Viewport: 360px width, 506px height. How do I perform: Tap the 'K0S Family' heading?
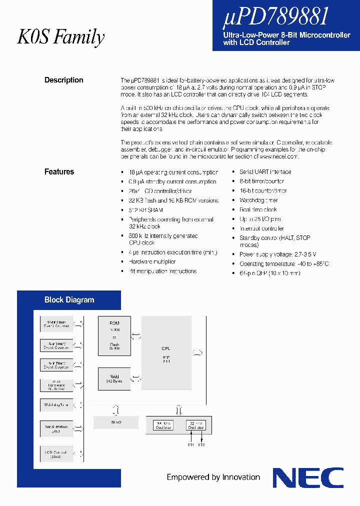[61, 37]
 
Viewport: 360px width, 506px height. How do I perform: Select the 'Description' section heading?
[64, 80]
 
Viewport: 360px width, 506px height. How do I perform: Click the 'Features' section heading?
[59, 171]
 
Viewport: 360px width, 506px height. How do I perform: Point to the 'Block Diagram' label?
[69, 300]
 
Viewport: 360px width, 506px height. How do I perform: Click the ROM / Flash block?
[114, 335]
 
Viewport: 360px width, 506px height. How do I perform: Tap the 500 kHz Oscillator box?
[163, 425]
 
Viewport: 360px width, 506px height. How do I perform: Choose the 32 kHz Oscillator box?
[195, 425]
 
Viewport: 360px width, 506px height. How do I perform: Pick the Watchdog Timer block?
[56, 405]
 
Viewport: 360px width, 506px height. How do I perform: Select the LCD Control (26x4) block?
[56, 453]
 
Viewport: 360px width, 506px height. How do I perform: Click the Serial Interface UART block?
[56, 429]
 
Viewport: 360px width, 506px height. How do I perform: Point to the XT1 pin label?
[190, 444]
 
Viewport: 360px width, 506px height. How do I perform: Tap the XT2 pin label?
[201, 444]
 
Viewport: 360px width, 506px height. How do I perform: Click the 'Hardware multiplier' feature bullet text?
[152, 261]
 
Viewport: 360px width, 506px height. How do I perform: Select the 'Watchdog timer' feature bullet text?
[258, 200]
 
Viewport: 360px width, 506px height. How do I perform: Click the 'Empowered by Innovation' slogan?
[213, 477]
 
